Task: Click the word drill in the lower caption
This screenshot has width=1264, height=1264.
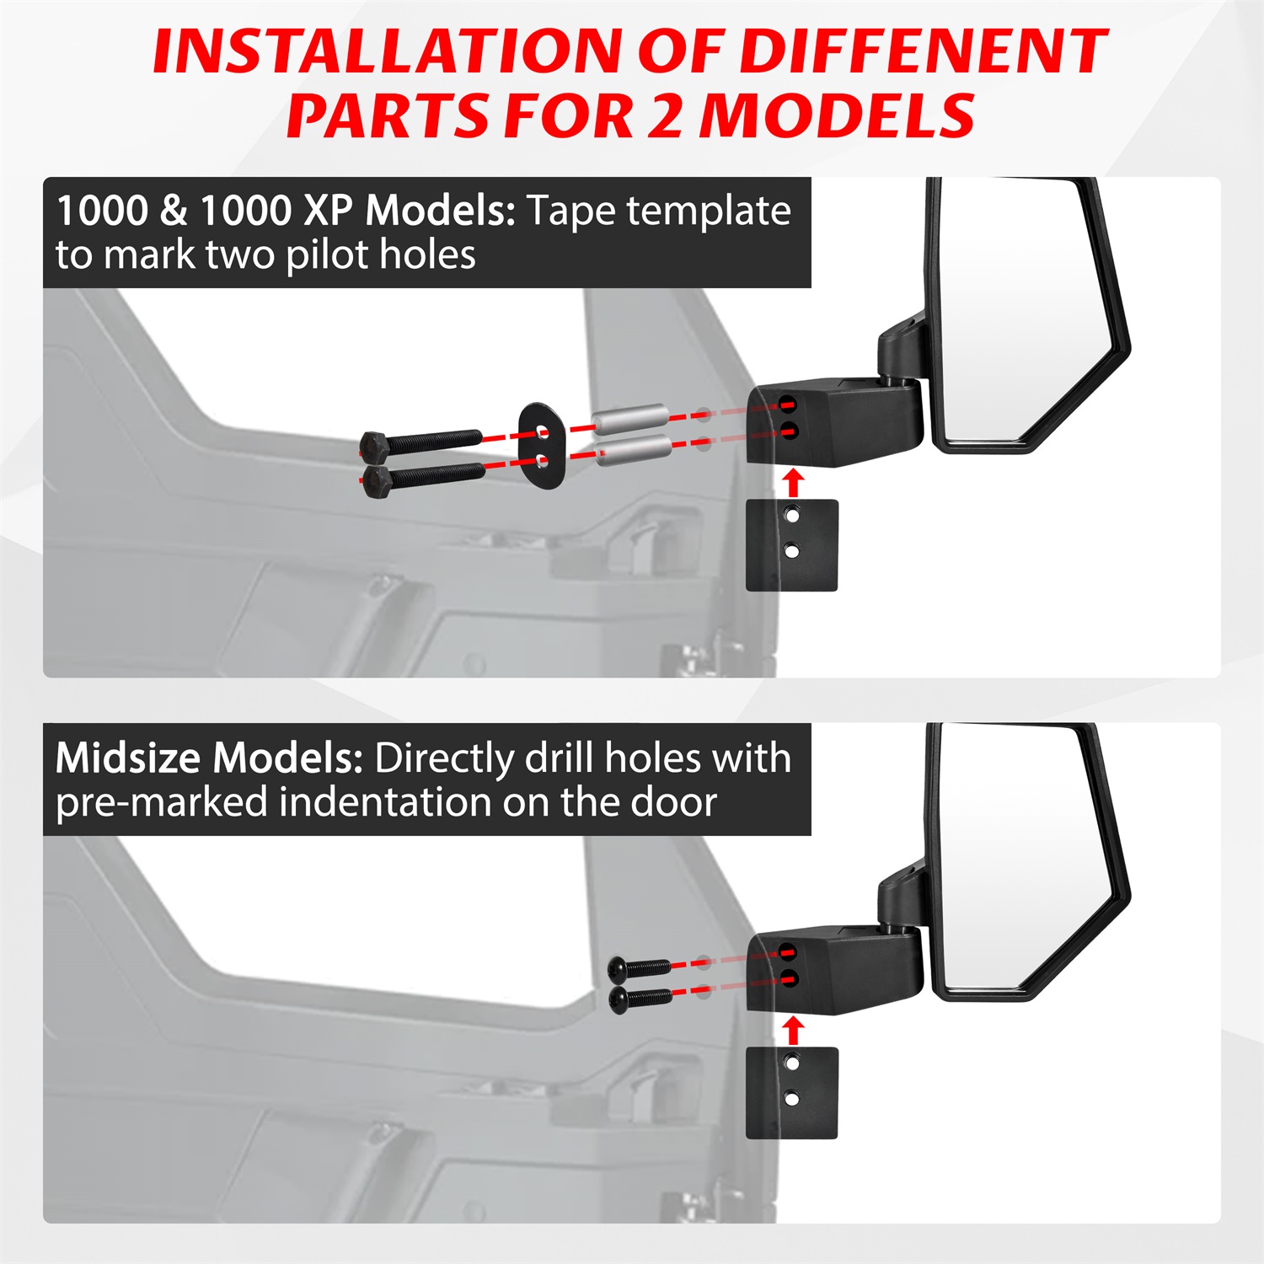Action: coord(560,758)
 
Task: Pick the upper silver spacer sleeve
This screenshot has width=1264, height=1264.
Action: coord(631,420)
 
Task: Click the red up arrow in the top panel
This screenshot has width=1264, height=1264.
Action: coord(792,483)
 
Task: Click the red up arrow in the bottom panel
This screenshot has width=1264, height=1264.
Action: coord(792,1030)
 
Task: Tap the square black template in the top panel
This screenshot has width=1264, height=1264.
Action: coord(792,545)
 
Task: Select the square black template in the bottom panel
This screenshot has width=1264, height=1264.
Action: coord(792,1092)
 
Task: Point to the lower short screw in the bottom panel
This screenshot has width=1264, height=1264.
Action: coord(640,999)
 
